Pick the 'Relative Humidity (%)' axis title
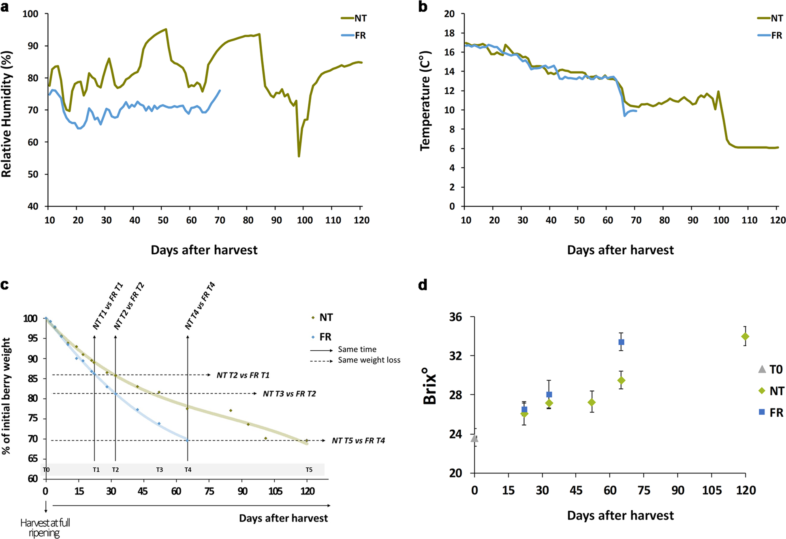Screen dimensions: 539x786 pyautogui.click(x=7, y=114)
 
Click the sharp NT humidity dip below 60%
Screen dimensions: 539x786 pyautogui.click(x=299, y=156)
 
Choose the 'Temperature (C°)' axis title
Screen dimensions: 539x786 pyautogui.click(x=425, y=101)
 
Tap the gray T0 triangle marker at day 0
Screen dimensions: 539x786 pyautogui.click(x=474, y=439)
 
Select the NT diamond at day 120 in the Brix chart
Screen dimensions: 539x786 pyautogui.click(x=745, y=337)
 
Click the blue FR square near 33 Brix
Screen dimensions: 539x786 pyautogui.click(x=621, y=342)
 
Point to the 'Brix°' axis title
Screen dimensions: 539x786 pyautogui.click(x=430, y=389)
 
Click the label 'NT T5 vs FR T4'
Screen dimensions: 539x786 pyautogui.click(x=358, y=441)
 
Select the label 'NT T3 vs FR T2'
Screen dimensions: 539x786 pyautogui.click(x=289, y=394)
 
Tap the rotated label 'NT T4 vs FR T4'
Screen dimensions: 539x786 pyautogui.click(x=200, y=306)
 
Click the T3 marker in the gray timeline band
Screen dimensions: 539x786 pyautogui.click(x=160, y=470)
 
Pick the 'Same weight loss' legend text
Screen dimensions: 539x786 pyautogui.click(x=369, y=360)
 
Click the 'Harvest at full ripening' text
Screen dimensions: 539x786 pyautogui.click(x=45, y=528)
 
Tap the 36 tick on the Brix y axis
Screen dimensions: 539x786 pyautogui.click(x=456, y=317)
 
